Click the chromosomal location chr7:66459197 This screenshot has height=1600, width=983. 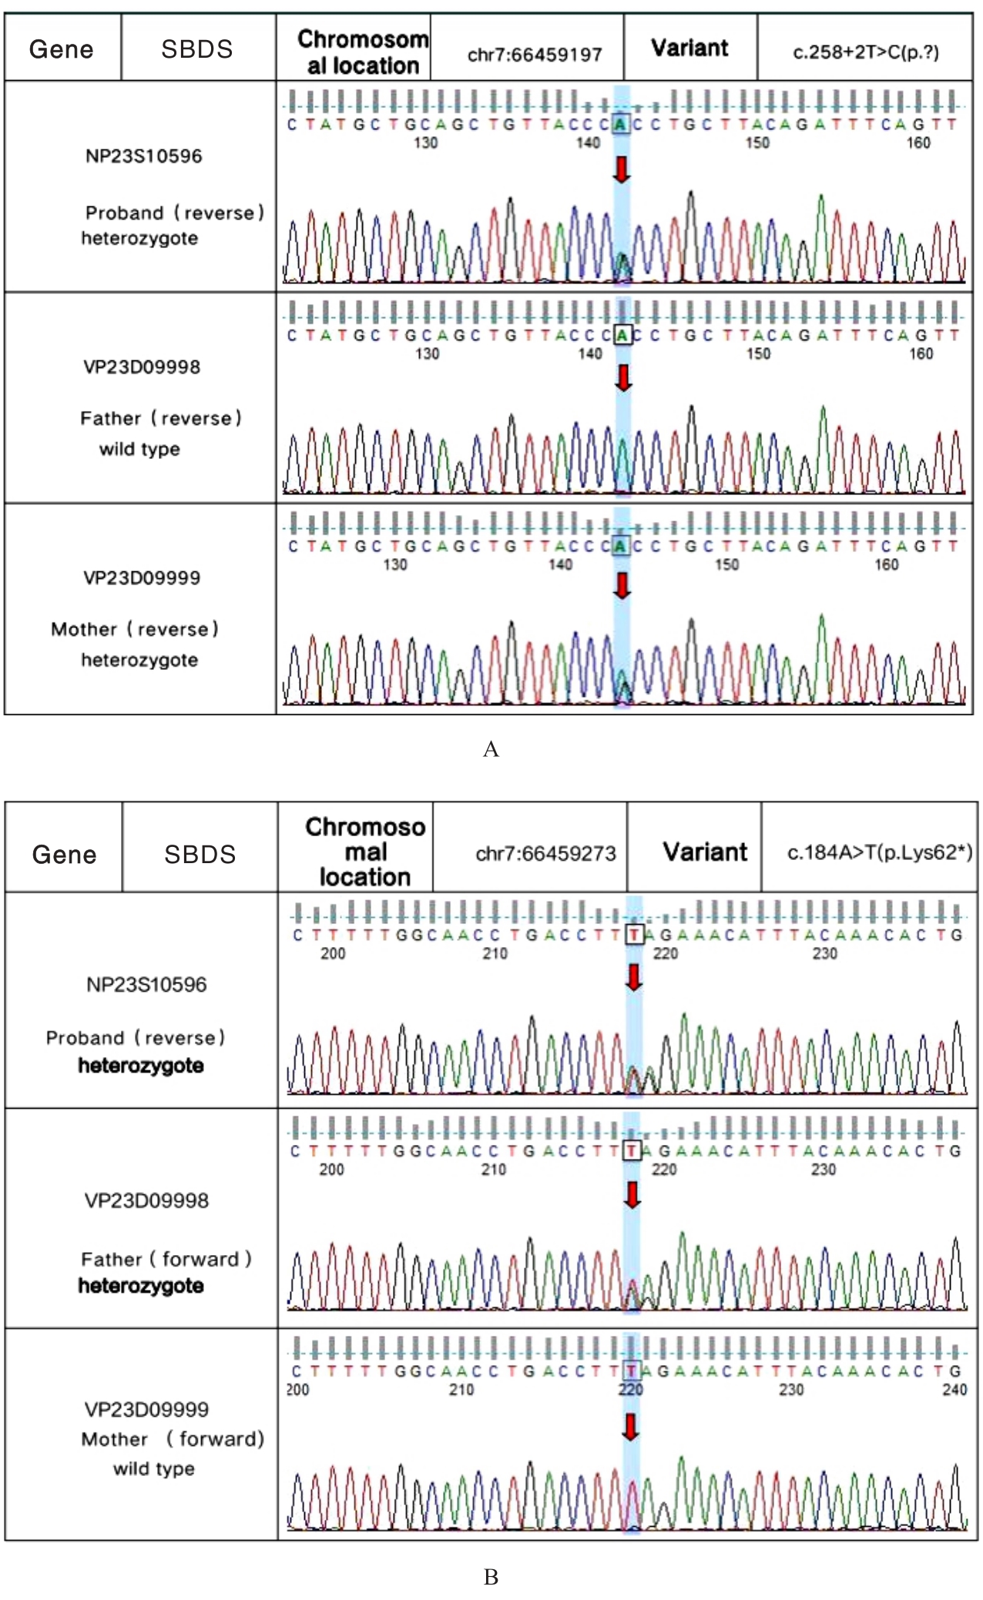coord(535,55)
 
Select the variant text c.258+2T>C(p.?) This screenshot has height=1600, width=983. coord(866,52)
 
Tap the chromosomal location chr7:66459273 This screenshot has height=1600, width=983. coord(545,853)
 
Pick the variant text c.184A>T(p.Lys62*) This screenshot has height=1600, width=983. coord(879,852)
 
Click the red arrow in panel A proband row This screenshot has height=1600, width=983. coord(622,169)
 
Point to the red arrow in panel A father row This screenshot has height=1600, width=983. coord(623,377)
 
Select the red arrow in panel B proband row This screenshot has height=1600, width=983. coord(634,977)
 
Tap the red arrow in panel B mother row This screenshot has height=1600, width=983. coord(631,1426)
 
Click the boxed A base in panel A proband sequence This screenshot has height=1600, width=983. coord(621,123)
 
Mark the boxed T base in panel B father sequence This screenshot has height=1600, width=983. coord(632,1150)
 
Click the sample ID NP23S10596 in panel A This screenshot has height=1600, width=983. coord(143,156)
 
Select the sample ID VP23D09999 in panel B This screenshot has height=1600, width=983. coord(146,1409)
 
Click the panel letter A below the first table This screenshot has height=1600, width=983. coord(491,749)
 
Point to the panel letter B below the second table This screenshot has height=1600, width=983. coord(491,1577)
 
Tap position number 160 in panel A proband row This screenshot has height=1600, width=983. coord(918,142)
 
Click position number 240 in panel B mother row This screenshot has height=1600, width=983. coord(954,1390)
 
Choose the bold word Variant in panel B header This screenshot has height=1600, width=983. coord(705,852)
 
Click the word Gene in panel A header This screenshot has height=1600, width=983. coord(62,49)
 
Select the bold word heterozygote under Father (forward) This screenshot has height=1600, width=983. coord(141,1285)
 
